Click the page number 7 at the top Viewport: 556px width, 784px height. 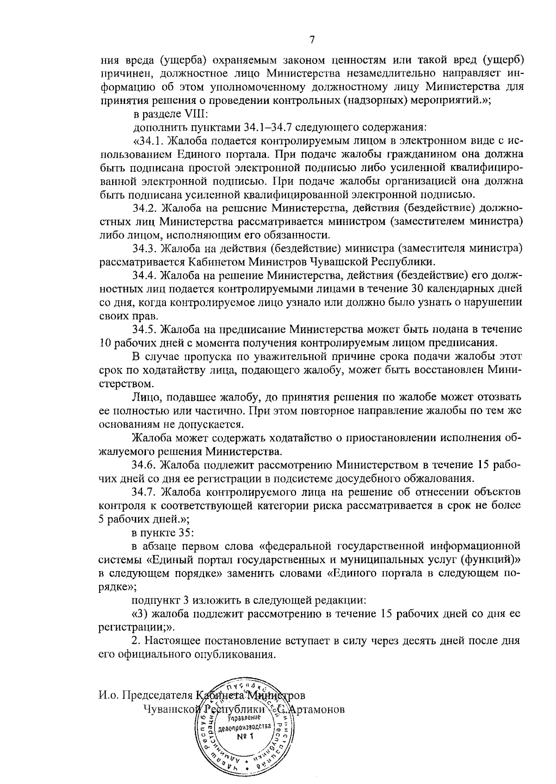tap(312, 40)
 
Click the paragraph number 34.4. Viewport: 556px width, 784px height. tap(146, 275)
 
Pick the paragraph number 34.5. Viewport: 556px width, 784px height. tap(146, 329)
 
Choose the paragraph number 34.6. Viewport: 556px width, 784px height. tap(146, 464)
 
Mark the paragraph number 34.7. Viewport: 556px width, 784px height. tap(146, 492)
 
